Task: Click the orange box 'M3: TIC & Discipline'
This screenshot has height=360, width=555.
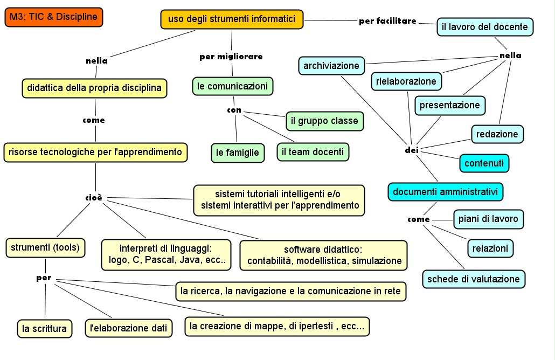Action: pyautogui.click(x=53, y=17)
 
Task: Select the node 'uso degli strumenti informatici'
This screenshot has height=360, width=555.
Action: pyautogui.click(x=232, y=19)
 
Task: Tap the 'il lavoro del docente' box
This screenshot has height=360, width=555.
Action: pyautogui.click(x=485, y=27)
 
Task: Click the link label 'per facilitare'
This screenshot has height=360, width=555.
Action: pyautogui.click(x=387, y=22)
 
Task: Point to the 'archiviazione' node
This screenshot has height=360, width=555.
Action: pyautogui.click(x=331, y=66)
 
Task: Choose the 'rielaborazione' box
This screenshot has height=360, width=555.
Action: pyautogui.click(x=406, y=81)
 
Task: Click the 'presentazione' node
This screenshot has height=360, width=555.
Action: pyautogui.click(x=450, y=105)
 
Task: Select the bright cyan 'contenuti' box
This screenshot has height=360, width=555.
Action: pyautogui.click(x=484, y=163)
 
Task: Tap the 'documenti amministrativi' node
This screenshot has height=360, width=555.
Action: pyautogui.click(x=446, y=192)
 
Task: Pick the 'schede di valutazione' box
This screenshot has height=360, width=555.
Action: pyautogui.click(x=473, y=279)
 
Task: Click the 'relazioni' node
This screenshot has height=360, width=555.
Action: pyautogui.click(x=490, y=248)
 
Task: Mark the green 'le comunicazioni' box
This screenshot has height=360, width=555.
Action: pyautogui.click(x=232, y=86)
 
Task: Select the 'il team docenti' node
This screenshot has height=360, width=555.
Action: pyautogui.click(x=313, y=152)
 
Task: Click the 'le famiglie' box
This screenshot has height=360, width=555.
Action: pyautogui.click(x=238, y=153)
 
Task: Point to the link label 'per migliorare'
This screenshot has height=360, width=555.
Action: pyautogui.click(x=231, y=56)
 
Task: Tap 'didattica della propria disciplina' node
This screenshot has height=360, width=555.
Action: pyautogui.click(x=94, y=88)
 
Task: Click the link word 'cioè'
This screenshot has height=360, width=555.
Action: pyautogui.click(x=94, y=198)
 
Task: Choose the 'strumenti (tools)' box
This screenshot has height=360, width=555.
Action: pyautogui.click(x=45, y=248)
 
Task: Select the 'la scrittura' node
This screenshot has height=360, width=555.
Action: pyautogui.click(x=45, y=328)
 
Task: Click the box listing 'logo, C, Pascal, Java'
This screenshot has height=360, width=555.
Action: pyautogui.click(x=166, y=254)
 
